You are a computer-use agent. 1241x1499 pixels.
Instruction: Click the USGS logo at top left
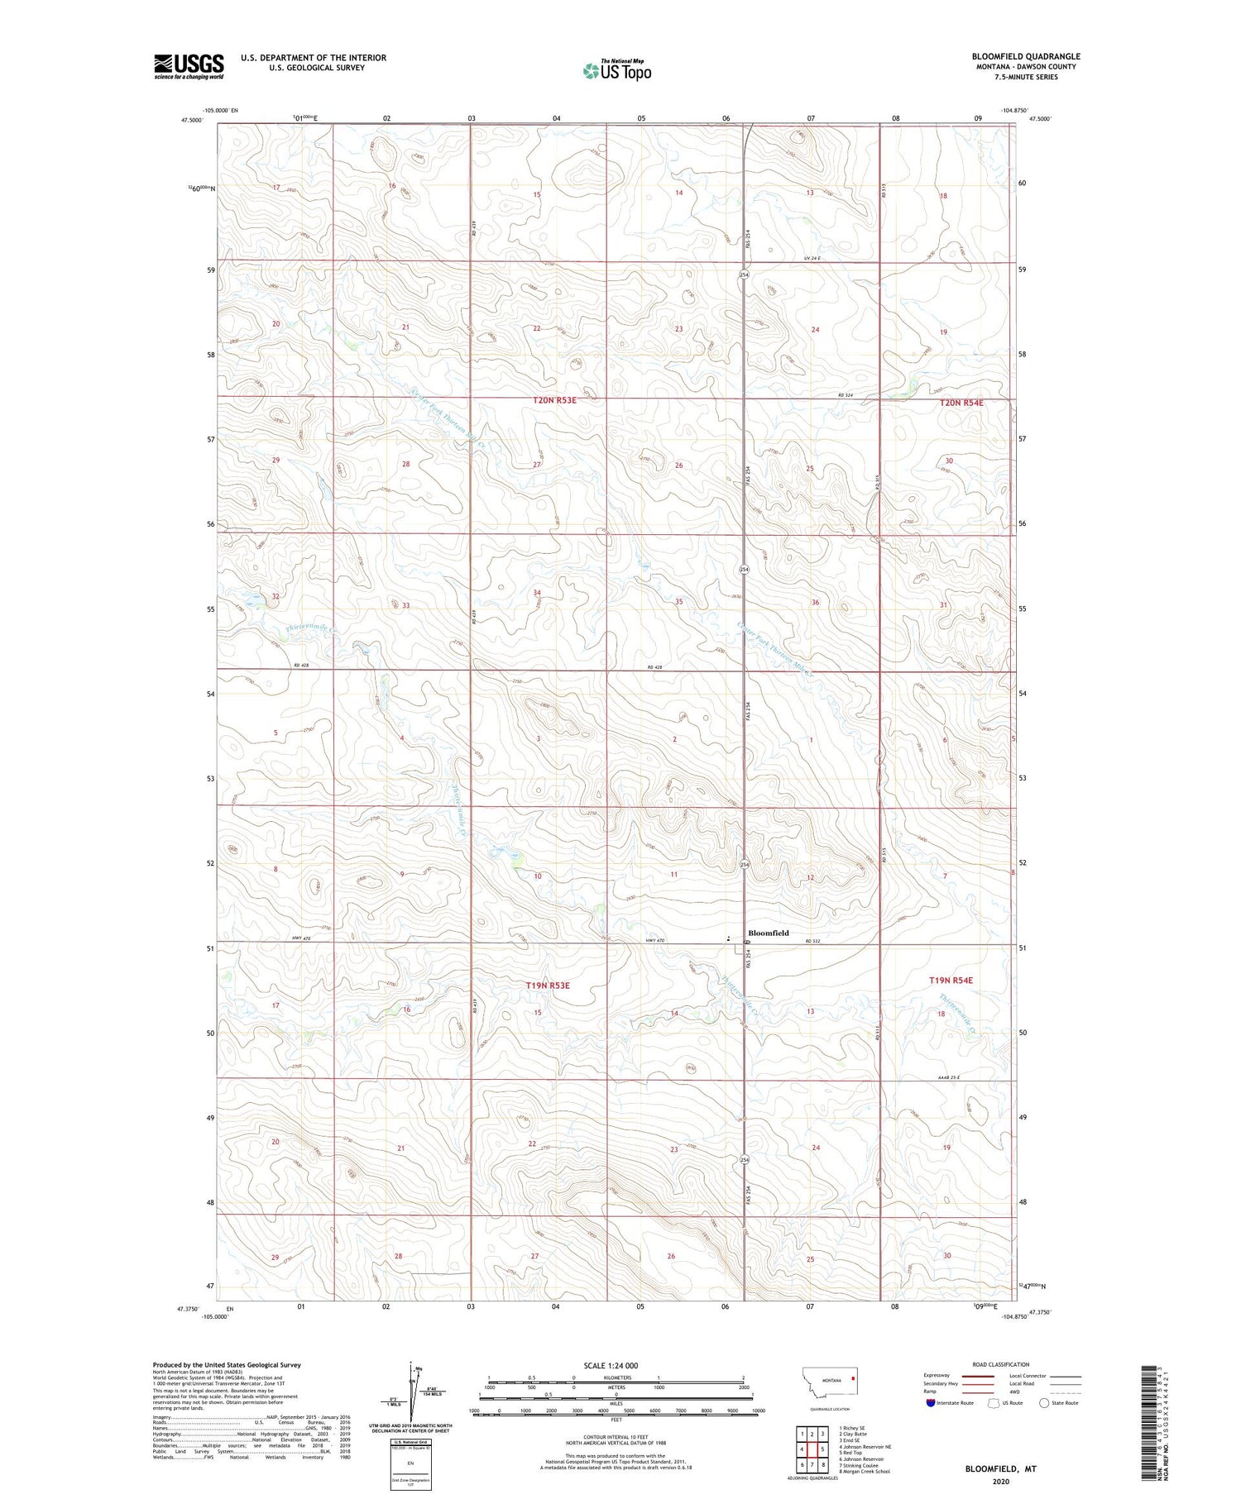189,66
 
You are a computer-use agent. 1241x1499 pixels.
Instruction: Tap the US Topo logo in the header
617,71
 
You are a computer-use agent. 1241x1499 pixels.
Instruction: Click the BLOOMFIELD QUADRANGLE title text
1026,56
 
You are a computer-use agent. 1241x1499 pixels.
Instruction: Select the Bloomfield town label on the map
768,933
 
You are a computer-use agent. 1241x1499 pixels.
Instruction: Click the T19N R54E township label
951,980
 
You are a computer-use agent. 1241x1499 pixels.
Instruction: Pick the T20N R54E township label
961,403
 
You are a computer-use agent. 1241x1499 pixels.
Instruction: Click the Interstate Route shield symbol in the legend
931,1403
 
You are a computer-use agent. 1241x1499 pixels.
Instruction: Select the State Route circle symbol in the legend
1044,1403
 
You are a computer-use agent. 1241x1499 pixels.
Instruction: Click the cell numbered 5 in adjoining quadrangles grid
823,1449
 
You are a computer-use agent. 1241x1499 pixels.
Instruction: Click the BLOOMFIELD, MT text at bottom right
1000,1468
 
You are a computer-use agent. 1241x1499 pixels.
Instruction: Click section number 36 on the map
815,602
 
